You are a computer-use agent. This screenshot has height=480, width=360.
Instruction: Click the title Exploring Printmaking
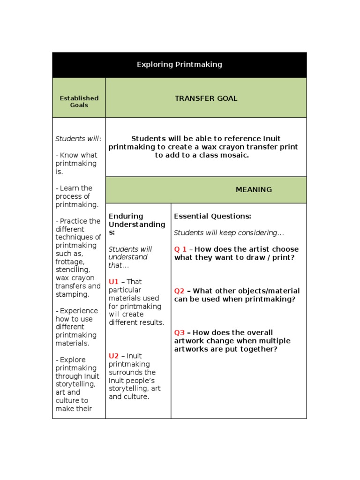click(x=179, y=65)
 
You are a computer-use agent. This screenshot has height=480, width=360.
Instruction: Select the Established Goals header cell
click(x=79, y=102)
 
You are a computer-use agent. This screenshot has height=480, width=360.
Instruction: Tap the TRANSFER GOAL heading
click(x=206, y=98)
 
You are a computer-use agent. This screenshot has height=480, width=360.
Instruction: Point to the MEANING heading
click(x=254, y=190)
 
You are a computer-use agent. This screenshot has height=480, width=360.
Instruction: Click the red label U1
click(x=113, y=282)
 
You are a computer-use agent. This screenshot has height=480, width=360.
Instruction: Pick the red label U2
click(x=113, y=356)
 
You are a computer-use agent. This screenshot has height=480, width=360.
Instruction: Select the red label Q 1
click(x=180, y=249)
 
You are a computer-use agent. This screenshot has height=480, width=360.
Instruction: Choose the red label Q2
click(x=180, y=291)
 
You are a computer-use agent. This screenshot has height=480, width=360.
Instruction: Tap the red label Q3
click(x=180, y=332)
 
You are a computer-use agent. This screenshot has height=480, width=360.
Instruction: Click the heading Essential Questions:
click(x=212, y=216)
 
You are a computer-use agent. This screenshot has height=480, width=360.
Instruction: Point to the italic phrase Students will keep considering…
click(x=229, y=232)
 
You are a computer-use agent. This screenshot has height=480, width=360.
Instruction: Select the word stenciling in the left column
click(x=71, y=270)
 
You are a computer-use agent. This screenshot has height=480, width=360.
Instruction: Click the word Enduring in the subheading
click(x=126, y=216)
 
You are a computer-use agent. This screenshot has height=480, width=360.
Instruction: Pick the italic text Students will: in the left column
click(x=78, y=139)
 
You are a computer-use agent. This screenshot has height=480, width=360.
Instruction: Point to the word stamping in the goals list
click(x=72, y=294)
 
